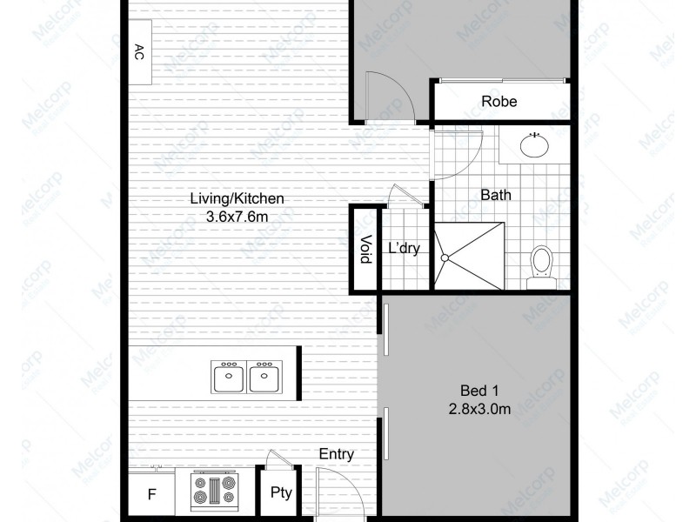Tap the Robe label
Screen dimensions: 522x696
click(x=499, y=102)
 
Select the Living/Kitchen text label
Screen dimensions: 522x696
click(x=238, y=199)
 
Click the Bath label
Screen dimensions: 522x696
click(x=496, y=195)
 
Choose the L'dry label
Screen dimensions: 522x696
click(x=404, y=249)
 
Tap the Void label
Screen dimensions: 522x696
click(x=365, y=250)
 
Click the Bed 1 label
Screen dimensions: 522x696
click(x=478, y=390)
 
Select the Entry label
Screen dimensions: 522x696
click(x=336, y=454)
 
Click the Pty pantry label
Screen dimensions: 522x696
click(x=280, y=492)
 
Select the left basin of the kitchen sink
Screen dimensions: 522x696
click(x=229, y=378)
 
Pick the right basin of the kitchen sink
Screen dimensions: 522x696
click(x=262, y=378)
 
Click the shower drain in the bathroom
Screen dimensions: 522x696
click(x=445, y=257)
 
